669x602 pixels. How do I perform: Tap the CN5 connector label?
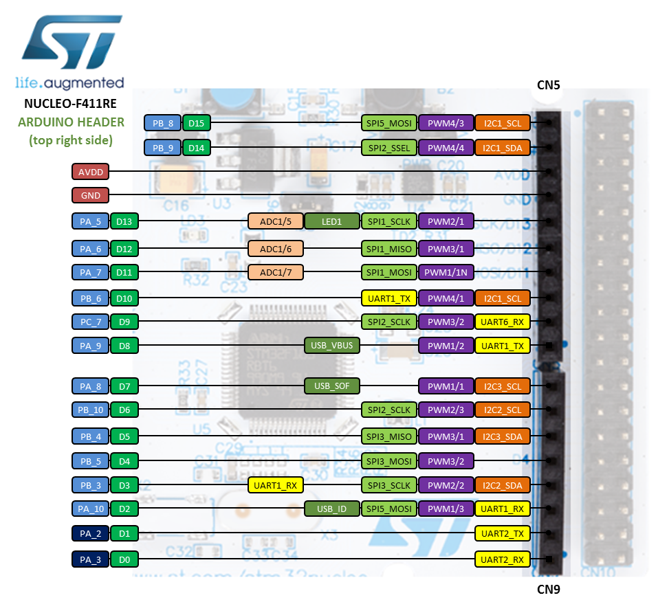click(x=549, y=85)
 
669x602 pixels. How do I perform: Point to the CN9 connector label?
click(x=549, y=589)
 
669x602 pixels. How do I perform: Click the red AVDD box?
click(x=90, y=172)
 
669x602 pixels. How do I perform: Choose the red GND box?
click(x=90, y=196)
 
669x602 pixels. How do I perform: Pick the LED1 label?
click(x=332, y=221)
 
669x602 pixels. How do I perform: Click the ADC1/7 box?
click(x=276, y=272)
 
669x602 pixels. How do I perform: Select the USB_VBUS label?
click(x=332, y=345)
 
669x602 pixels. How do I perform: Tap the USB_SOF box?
click(x=332, y=386)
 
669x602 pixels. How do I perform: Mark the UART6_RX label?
click(x=503, y=321)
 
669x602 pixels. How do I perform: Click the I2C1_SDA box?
click(x=503, y=148)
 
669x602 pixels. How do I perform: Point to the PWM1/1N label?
click(x=446, y=272)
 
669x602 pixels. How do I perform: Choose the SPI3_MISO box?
click(x=389, y=436)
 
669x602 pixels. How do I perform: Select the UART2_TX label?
click(x=503, y=533)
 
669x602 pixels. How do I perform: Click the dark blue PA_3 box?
click(x=90, y=559)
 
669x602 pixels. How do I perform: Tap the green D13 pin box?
click(x=124, y=221)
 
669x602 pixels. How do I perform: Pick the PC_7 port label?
click(x=90, y=321)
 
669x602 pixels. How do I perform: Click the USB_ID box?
click(x=332, y=509)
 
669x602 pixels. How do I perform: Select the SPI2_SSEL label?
click(x=389, y=148)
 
